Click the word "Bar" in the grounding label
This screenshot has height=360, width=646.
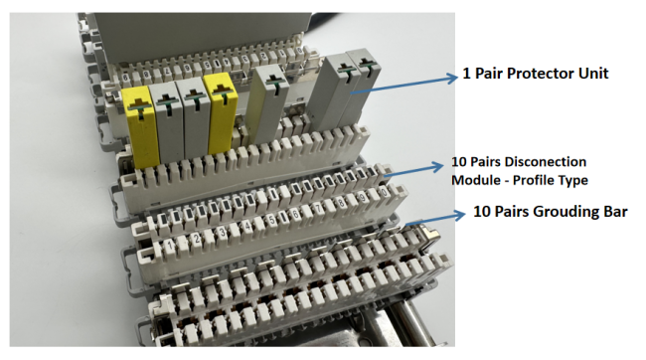tap(616, 212)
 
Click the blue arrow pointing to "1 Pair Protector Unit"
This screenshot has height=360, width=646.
tap(404, 85)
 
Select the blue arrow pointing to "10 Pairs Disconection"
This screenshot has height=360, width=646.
tap(413, 171)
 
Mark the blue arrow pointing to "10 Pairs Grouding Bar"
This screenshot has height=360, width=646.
tap(435, 219)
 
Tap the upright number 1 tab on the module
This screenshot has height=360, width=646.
tap(169, 245)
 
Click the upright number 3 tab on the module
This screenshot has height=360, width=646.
tap(223, 232)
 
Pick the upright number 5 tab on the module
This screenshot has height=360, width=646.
tap(272, 220)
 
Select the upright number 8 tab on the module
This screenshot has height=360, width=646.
tap(341, 203)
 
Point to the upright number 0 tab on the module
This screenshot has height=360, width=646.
tap(384, 192)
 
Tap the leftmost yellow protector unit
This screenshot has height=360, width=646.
tap(141, 125)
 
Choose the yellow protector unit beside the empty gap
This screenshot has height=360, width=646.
tap(222, 112)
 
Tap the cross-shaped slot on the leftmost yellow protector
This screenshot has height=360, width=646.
tap(138, 105)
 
